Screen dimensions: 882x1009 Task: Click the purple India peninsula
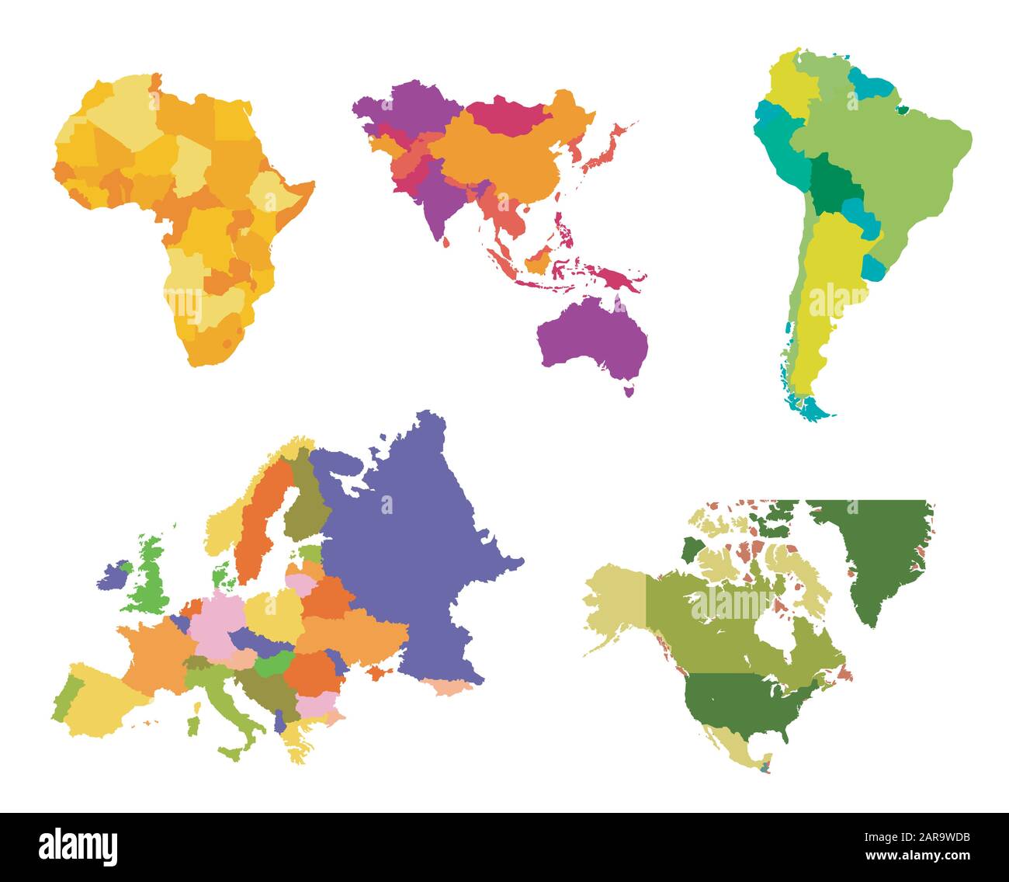pos(435,202)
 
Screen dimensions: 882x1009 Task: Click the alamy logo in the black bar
pos(78,845)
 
